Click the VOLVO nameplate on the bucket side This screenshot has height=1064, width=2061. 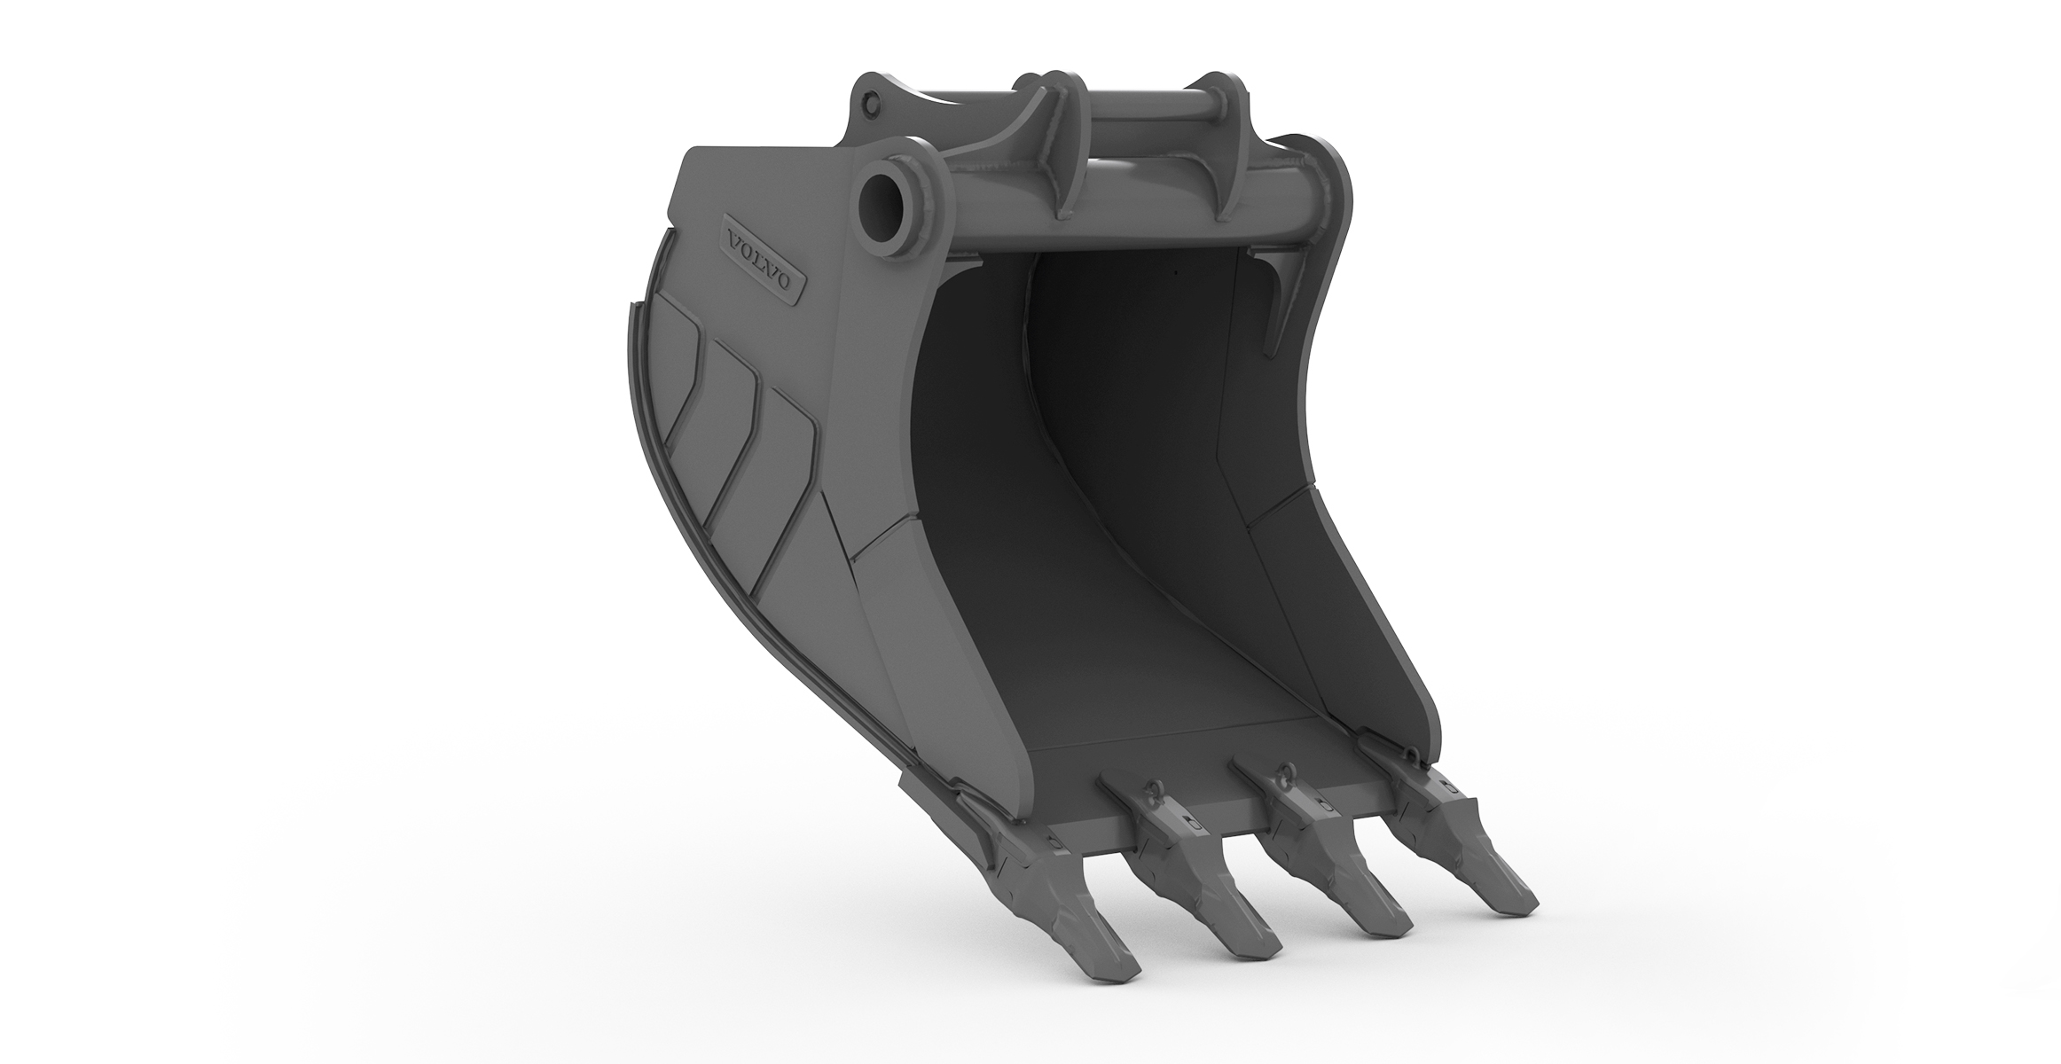point(764,256)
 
